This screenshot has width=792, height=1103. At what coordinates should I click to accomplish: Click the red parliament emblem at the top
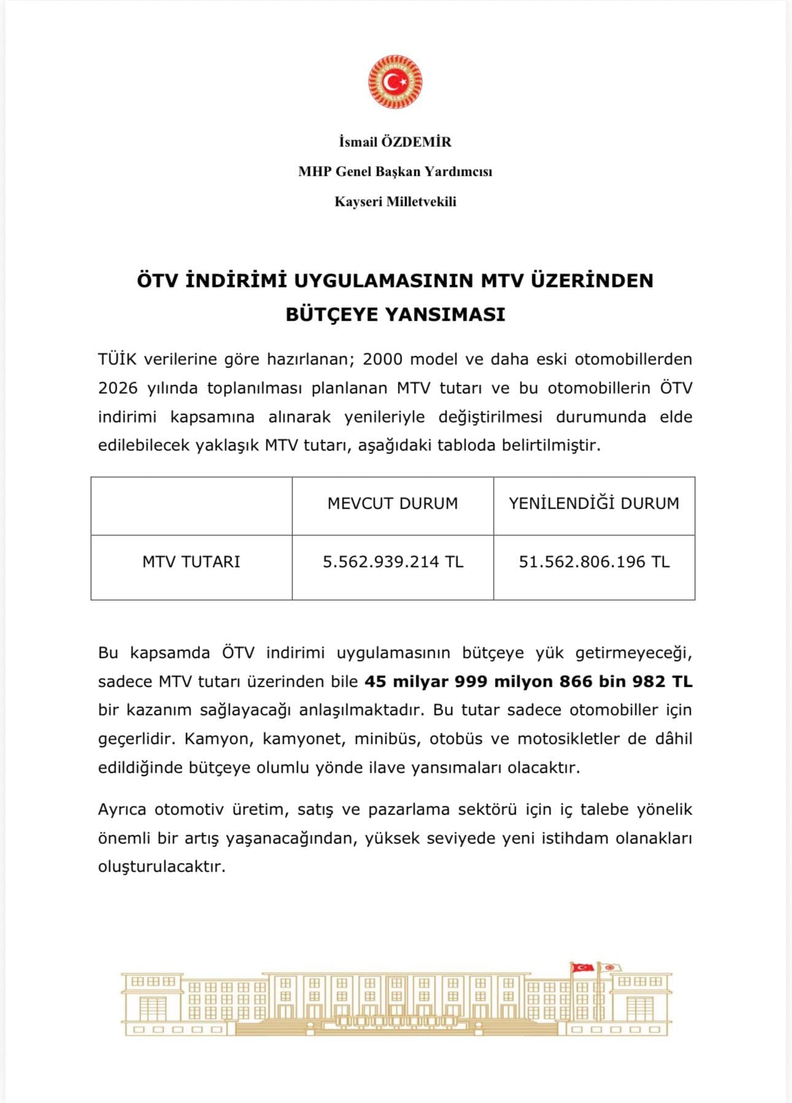coord(395,82)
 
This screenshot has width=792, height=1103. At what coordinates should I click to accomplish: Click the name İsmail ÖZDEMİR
coord(395,142)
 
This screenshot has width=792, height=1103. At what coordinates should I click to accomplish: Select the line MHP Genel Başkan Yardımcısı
coord(395,171)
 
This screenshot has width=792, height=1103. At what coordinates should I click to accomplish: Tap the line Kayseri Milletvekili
coord(395,201)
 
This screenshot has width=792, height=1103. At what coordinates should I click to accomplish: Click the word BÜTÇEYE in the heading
coord(330,314)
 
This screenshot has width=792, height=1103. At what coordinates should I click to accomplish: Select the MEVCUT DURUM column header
coord(393,504)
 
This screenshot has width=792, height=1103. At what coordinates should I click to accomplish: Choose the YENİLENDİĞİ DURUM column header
coord(594,504)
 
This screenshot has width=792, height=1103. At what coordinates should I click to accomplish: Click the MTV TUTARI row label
coord(191,562)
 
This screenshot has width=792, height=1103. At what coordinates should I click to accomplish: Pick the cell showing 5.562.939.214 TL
coord(393,562)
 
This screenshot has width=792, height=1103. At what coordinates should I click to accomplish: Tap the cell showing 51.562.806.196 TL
coord(594,562)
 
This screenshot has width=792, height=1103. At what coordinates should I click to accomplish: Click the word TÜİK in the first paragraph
coord(117,359)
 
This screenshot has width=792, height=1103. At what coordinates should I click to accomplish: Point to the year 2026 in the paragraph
coord(118,388)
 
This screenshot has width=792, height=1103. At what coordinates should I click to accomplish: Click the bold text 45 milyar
coord(406,681)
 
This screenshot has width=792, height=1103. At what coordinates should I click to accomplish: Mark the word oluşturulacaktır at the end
coord(162,867)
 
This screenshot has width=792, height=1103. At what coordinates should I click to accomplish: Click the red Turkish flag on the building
coord(582,967)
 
